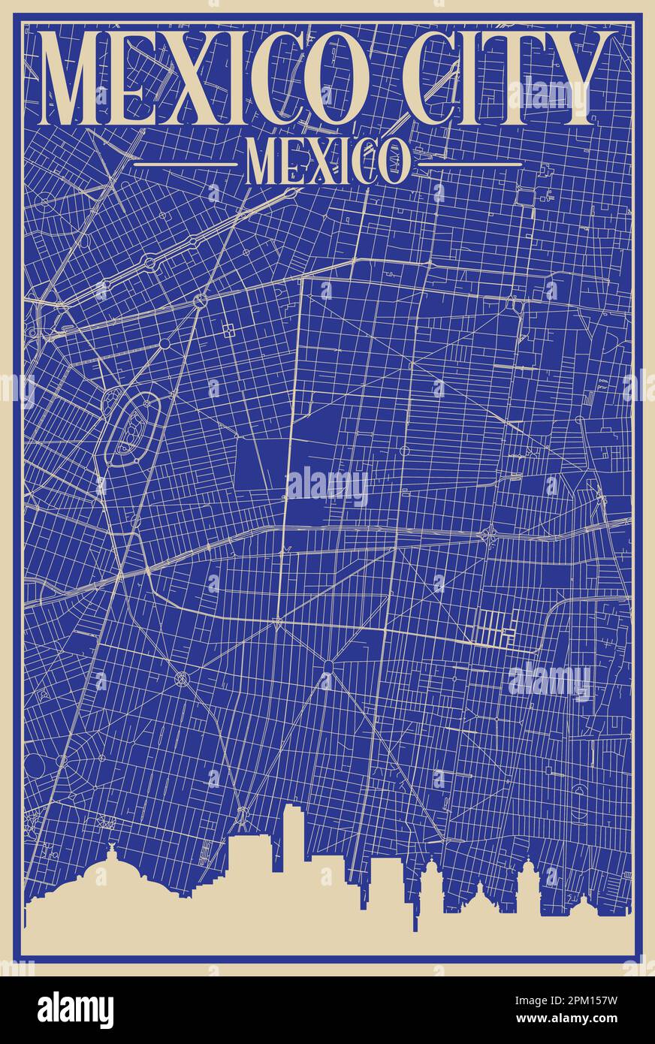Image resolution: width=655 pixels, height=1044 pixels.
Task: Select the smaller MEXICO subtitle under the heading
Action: [x=327, y=162]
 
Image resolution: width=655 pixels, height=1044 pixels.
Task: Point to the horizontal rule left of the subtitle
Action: [x=185, y=163]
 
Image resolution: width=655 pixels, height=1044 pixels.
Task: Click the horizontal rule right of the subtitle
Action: [x=470, y=163]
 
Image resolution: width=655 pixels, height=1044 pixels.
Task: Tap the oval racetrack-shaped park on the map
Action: [x=134, y=429]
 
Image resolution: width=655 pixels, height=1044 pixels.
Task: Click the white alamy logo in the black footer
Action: [x=75, y=1010]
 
